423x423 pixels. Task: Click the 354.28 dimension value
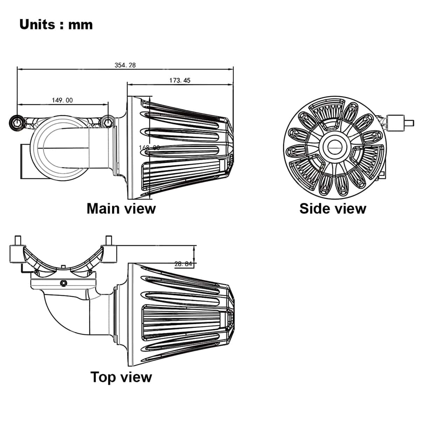coord(125,65)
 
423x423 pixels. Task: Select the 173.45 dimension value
coord(180,80)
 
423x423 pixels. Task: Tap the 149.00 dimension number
coord(62,100)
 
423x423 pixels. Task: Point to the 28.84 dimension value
coord(183,264)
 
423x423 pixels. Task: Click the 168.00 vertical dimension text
coord(149,147)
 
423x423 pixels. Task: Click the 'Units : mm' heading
coord(56,25)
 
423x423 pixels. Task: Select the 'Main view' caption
coord(121,208)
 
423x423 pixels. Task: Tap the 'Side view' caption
coord(333,208)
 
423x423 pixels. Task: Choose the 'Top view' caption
coord(121,377)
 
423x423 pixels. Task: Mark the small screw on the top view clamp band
coord(63,283)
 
